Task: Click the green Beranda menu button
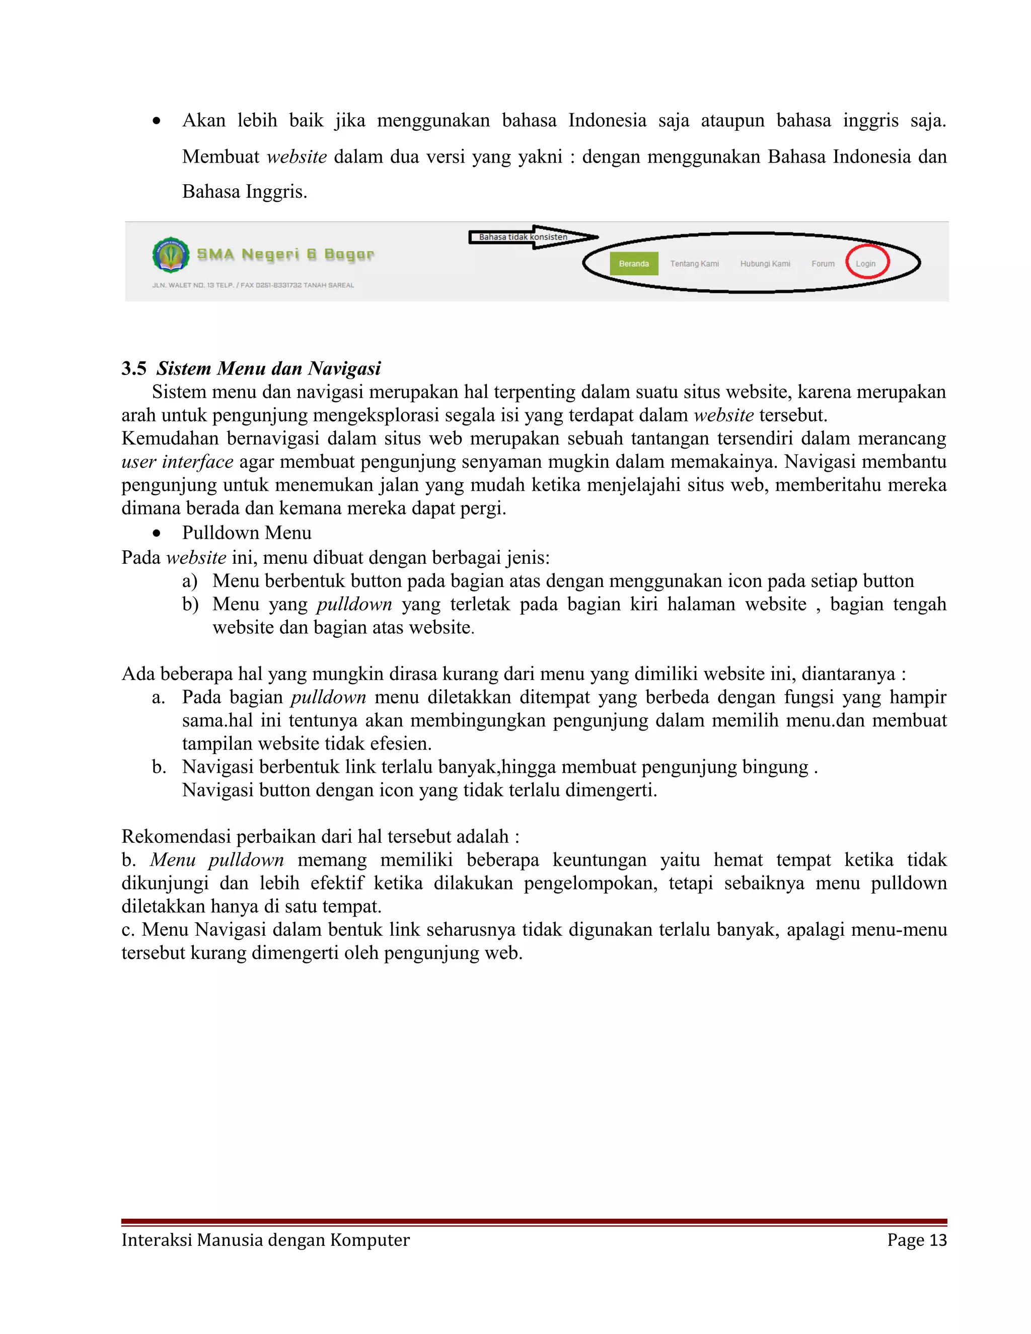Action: (633, 264)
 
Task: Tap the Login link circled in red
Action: (865, 264)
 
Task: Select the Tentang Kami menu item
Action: (694, 264)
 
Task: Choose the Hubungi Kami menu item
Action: (765, 264)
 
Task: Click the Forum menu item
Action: (822, 264)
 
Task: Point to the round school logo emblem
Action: (171, 255)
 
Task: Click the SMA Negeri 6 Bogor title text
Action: (285, 254)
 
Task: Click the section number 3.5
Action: (134, 368)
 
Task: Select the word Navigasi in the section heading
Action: (344, 368)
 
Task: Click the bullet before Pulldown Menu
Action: (157, 533)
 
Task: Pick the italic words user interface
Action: (177, 462)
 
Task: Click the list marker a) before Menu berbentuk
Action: (189, 581)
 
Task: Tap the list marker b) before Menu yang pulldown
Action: (190, 604)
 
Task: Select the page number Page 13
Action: (916, 1240)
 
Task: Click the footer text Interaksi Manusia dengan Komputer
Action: (265, 1240)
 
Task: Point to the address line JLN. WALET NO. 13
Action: (253, 285)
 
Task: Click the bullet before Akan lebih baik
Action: (157, 121)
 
